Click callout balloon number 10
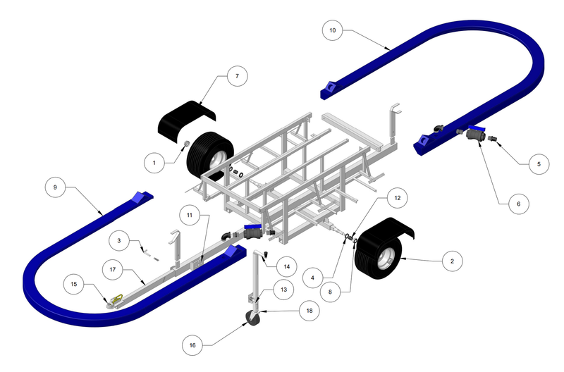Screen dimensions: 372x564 point(333,30)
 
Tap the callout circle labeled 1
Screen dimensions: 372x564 point(154,163)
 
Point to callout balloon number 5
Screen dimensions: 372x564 point(539,163)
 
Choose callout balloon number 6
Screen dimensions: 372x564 point(518,204)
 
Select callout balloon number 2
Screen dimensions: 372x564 point(451,261)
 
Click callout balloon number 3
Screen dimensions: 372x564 point(119,241)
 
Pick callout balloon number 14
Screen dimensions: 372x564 point(286,266)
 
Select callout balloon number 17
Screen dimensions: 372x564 point(112,268)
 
